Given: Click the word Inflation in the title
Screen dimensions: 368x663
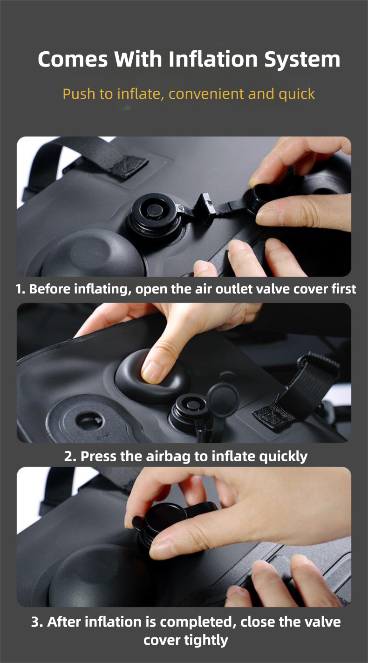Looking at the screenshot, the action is (x=213, y=59).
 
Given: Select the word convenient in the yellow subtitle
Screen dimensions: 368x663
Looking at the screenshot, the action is (x=206, y=94).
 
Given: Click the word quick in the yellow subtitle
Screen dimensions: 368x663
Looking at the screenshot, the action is (x=296, y=95).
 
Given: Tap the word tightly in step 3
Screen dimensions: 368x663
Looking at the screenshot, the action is (x=206, y=640).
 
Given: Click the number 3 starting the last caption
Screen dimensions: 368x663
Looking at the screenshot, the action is (x=35, y=622).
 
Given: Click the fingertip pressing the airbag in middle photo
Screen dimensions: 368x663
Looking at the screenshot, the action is (x=154, y=372).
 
